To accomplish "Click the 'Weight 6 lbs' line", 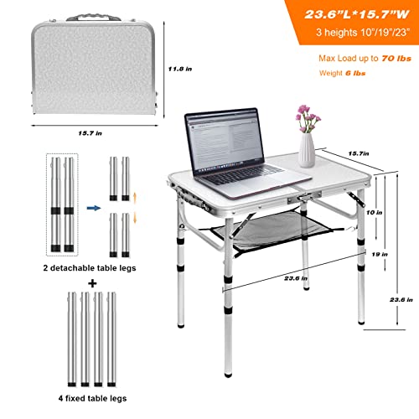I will (x=342, y=74).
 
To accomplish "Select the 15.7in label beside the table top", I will (x=360, y=153).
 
